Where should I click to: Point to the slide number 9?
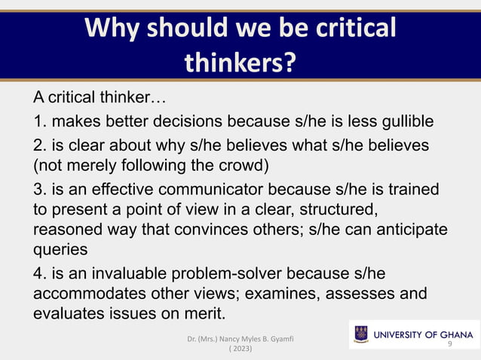[449, 343]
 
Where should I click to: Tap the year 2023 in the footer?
[240, 350]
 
